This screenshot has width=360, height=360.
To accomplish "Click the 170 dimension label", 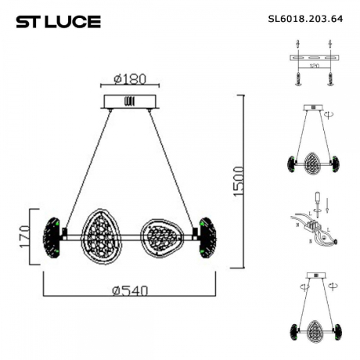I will (25, 233).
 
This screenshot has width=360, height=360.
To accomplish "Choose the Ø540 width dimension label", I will (130, 290).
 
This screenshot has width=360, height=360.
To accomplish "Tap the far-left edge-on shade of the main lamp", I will (54, 234).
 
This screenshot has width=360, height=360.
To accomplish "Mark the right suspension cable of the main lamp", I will (172, 168).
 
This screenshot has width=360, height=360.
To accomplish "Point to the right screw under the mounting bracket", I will (331, 79).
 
